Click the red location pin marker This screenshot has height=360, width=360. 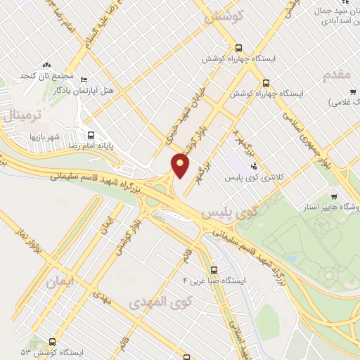coord(181,166)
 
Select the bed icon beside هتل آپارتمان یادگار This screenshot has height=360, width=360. coord(84,79)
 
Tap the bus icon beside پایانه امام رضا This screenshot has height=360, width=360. coord(90,136)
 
